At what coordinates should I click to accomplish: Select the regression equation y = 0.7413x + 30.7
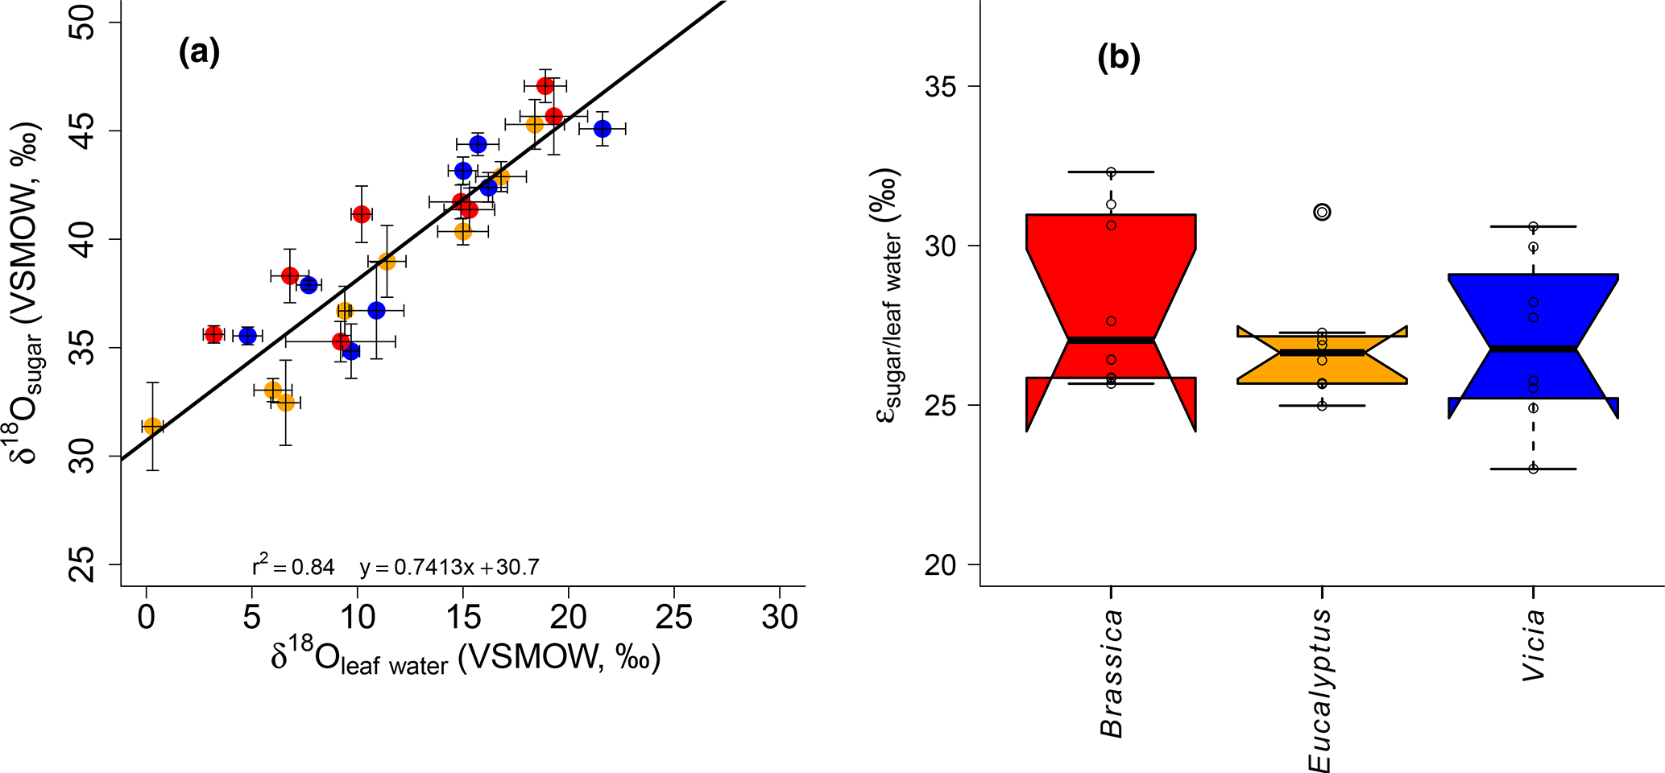[x=449, y=568]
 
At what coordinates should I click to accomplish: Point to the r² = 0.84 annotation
[x=292, y=567]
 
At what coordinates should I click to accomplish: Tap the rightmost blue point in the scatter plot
[x=603, y=129]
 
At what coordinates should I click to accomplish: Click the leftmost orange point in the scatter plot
[x=152, y=426]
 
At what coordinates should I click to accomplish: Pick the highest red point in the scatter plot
[x=545, y=85]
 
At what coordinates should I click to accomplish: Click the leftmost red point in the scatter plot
[x=213, y=334]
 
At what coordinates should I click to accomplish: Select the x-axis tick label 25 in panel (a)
[x=674, y=618]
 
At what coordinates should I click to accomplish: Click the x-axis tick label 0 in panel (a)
[x=146, y=618]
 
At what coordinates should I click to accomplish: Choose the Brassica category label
[x=1112, y=673]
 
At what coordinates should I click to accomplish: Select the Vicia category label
[x=1534, y=644]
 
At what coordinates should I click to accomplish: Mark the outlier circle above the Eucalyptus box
[x=1322, y=213]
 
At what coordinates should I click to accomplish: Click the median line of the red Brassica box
[x=1111, y=340]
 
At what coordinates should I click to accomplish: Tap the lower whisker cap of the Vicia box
[x=1533, y=469]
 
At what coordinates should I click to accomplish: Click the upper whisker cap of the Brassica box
[x=1111, y=172]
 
